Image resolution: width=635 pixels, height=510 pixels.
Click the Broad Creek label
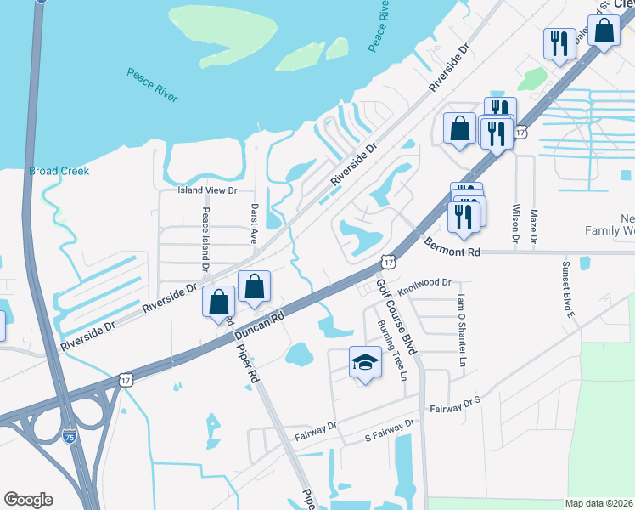(59, 171)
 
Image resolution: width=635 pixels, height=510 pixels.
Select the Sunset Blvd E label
(566, 289)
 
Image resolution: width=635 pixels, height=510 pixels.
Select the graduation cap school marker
(365, 363)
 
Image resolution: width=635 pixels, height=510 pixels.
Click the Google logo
(28, 500)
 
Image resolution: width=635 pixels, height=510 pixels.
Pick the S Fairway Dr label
(389, 429)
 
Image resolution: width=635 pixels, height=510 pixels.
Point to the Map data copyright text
(598, 503)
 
